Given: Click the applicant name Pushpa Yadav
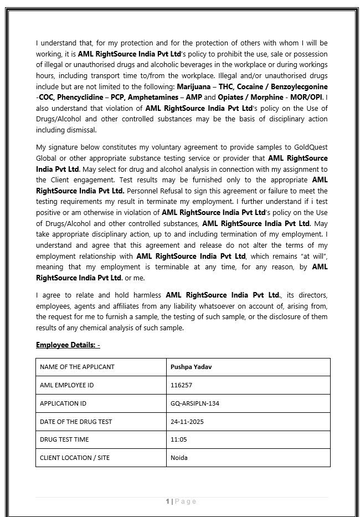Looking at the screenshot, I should click(x=191, y=367).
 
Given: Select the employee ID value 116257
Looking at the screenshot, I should click(x=181, y=385).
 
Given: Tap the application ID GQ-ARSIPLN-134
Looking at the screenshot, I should click(x=195, y=403).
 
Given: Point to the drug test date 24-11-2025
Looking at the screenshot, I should click(x=187, y=422).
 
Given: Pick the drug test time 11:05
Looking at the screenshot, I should click(x=178, y=439).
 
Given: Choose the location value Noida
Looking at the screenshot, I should click(x=179, y=458).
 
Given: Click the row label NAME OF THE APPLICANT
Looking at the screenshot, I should click(x=77, y=367).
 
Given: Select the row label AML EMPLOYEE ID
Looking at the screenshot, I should click(x=66, y=385).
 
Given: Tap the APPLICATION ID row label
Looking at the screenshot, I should click(x=63, y=403).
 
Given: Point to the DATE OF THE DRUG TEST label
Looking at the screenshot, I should click(x=76, y=422).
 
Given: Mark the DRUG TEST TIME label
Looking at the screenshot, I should click(x=64, y=439).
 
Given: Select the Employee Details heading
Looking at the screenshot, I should click(x=68, y=345).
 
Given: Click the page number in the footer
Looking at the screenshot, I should click(x=167, y=501).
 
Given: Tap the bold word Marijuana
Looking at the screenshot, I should click(x=193, y=87).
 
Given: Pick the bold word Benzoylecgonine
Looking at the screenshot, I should click(x=299, y=87).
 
